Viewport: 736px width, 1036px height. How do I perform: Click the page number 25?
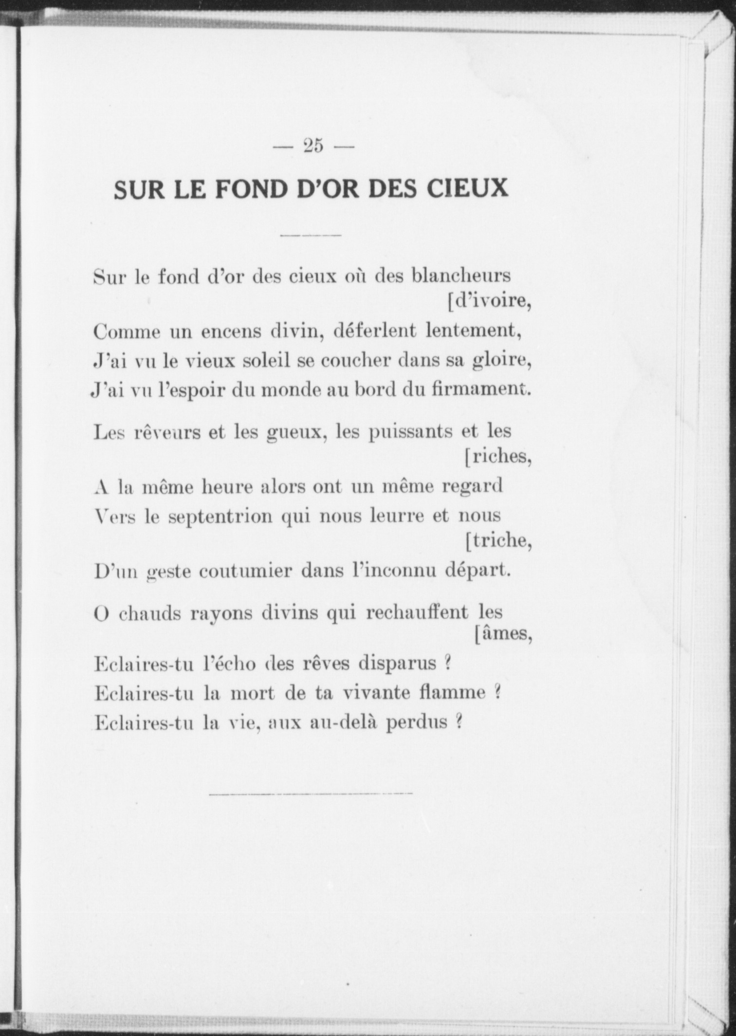313,146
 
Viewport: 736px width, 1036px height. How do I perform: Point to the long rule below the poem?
311,794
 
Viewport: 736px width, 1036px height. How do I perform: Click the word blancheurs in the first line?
461,277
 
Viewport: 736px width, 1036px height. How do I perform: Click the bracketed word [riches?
497,457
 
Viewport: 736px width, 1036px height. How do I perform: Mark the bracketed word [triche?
498,541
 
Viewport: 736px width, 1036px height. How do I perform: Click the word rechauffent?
416,612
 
